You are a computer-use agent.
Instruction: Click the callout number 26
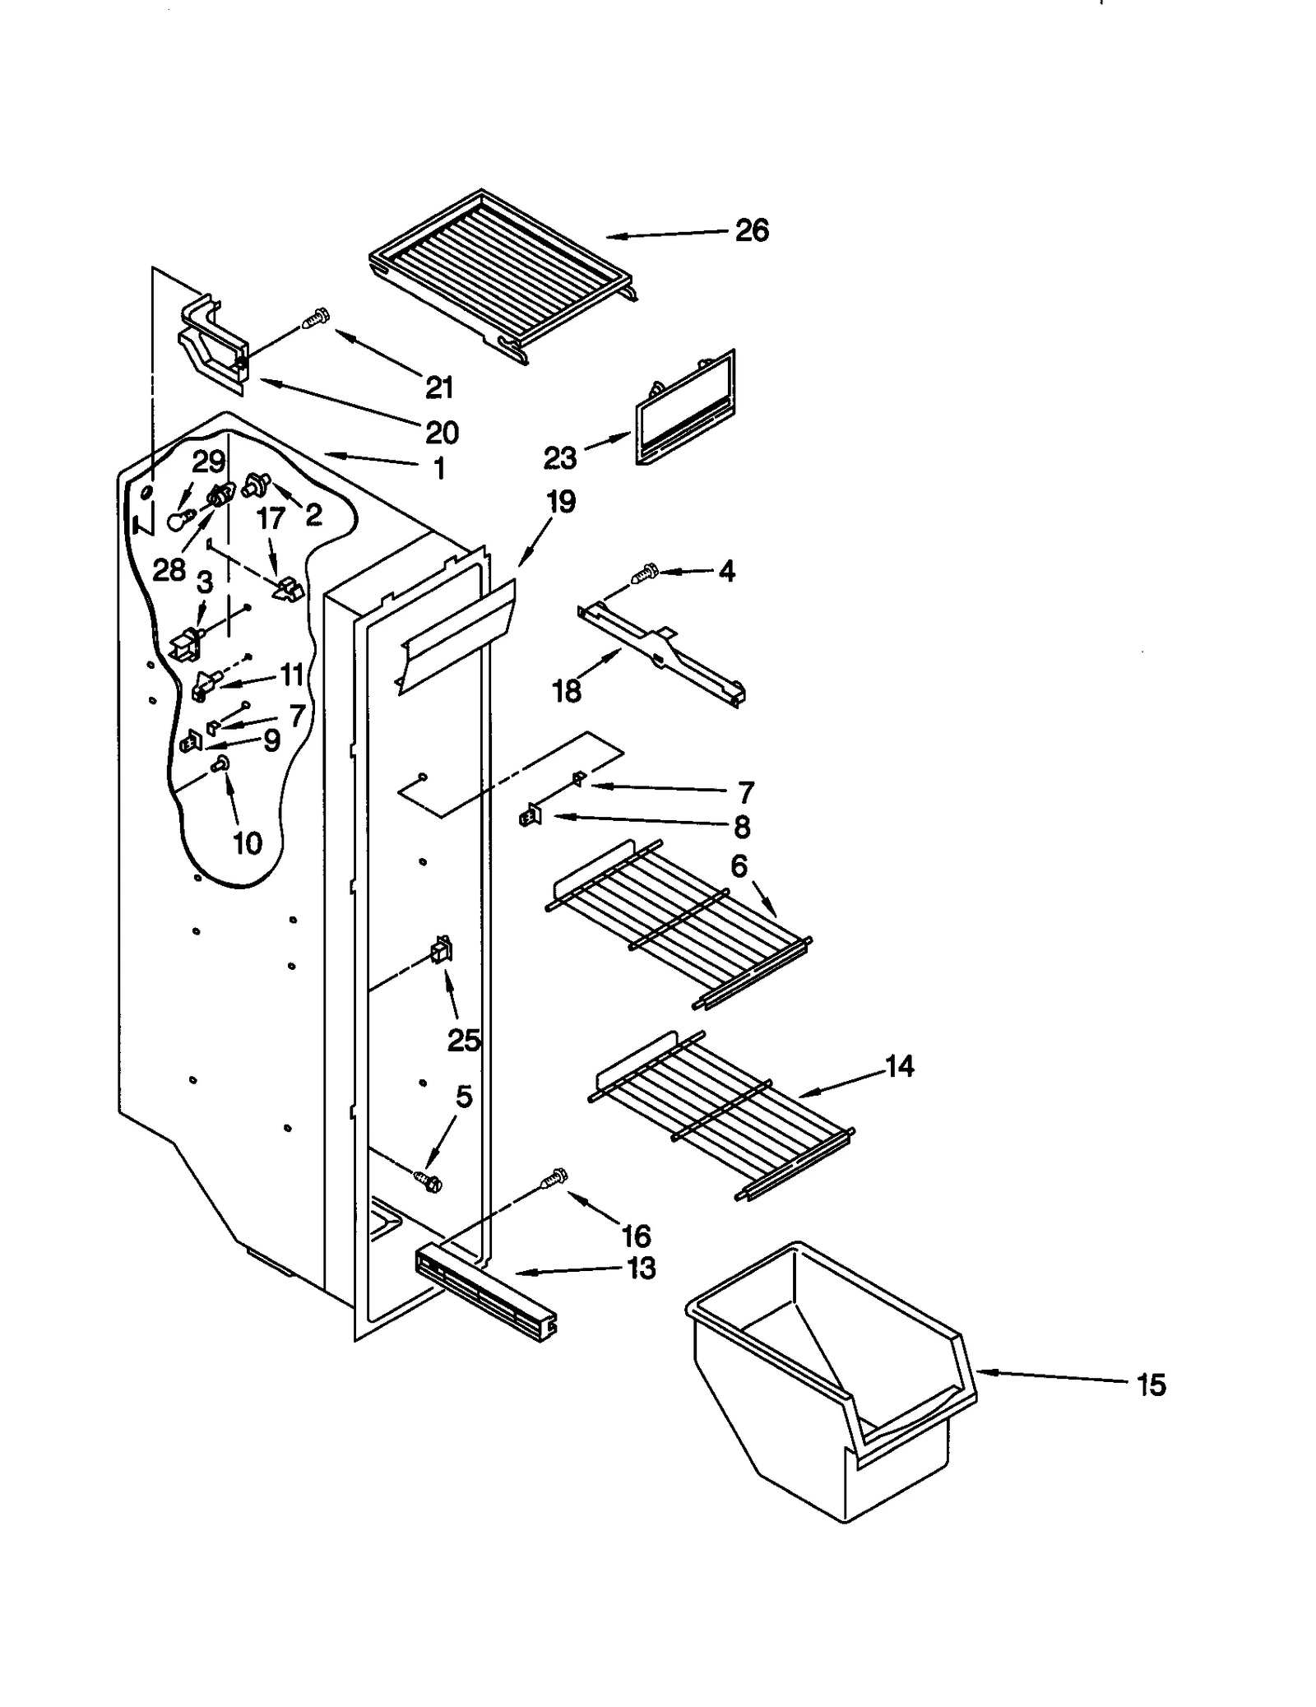[x=751, y=230]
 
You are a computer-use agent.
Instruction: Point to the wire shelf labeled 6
[x=679, y=921]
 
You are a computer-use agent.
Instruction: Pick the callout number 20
[x=441, y=432]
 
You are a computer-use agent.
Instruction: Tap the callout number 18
[x=567, y=691]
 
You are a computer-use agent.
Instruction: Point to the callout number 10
[x=247, y=842]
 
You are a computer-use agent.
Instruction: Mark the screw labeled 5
[x=429, y=1181]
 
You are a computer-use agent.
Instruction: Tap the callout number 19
[x=561, y=502]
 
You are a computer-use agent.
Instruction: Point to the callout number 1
[x=439, y=469]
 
